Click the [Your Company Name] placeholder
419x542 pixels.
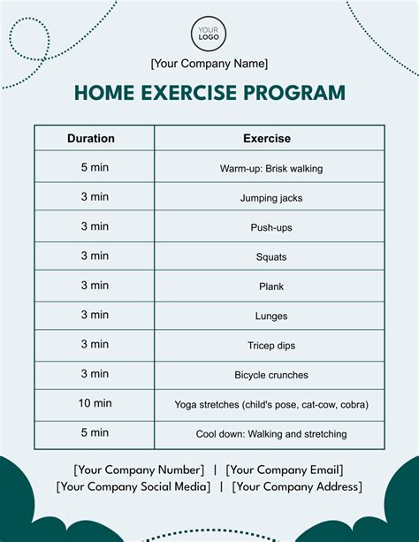pos(209,64)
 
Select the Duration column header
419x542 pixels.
pos(91,139)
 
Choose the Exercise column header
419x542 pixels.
pos(267,139)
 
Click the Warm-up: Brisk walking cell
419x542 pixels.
pos(271,168)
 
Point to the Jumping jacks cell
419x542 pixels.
pos(271,198)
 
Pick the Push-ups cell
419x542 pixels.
pos(271,227)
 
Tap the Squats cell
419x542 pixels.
pos(271,257)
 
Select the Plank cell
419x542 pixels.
pos(271,286)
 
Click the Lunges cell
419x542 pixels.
pos(271,316)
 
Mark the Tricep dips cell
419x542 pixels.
pos(271,346)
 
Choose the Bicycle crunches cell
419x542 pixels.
pos(271,375)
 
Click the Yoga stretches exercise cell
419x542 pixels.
pos(271,405)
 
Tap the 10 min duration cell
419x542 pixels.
pos(95,404)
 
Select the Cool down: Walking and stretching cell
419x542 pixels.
pos(271,434)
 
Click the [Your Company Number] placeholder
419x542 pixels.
pos(139,469)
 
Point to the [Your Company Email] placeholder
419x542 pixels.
pos(285,469)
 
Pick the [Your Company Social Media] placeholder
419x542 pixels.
pos(133,486)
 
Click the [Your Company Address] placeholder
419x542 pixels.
pos(297,486)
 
